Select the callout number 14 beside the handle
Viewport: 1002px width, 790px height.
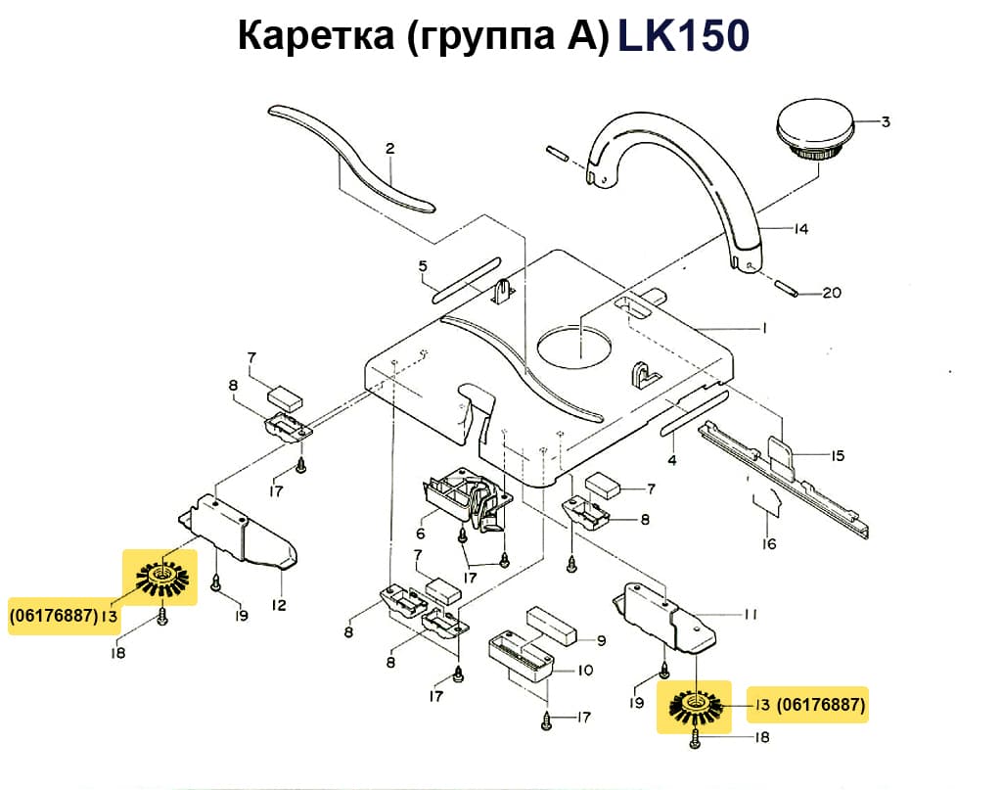[x=801, y=230]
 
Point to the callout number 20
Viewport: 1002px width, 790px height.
[x=831, y=293]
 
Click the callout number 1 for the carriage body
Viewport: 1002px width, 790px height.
[x=763, y=328]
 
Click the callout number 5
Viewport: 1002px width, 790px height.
[x=423, y=266]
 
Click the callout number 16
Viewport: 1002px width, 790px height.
[x=769, y=543]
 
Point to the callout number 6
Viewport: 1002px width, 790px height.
[x=421, y=534]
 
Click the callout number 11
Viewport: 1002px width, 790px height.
[x=751, y=615]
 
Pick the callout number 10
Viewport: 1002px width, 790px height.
[x=586, y=672]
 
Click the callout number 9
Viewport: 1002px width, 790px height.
[x=601, y=639]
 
